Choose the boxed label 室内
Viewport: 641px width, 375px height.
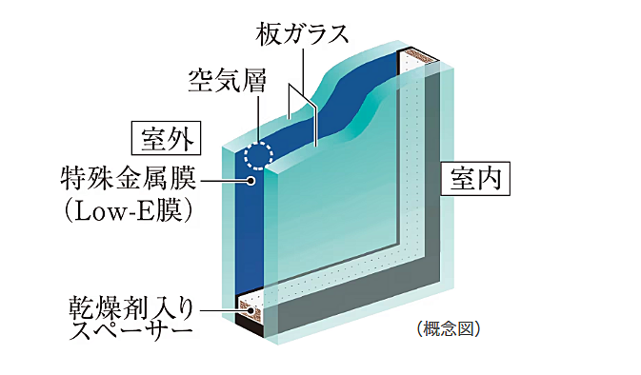(x=476, y=178)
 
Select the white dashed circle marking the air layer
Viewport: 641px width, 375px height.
(x=257, y=156)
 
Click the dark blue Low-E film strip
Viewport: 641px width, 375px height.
(x=250, y=228)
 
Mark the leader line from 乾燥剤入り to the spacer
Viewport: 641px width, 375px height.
(x=219, y=308)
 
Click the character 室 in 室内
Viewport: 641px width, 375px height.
(x=463, y=178)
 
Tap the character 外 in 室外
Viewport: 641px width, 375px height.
(x=182, y=139)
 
